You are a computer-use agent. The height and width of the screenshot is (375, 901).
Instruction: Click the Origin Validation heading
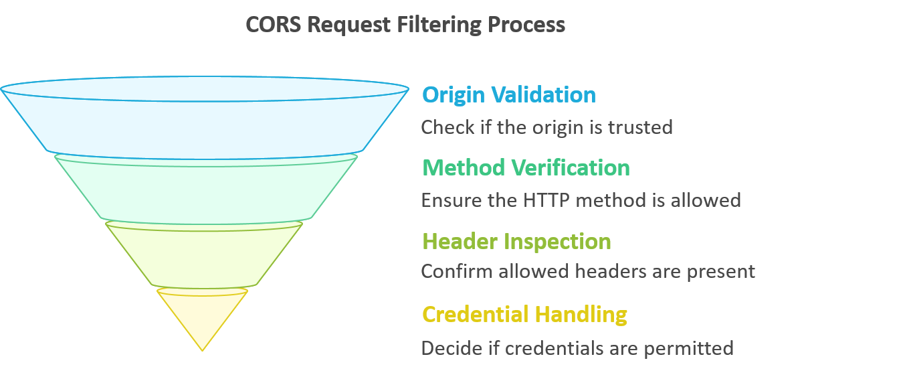[x=508, y=94]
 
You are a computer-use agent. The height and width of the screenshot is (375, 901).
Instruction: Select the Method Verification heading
[x=526, y=167]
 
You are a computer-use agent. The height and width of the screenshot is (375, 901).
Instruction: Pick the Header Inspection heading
[x=516, y=240]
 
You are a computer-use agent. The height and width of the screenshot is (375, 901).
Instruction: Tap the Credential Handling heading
[x=524, y=313]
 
